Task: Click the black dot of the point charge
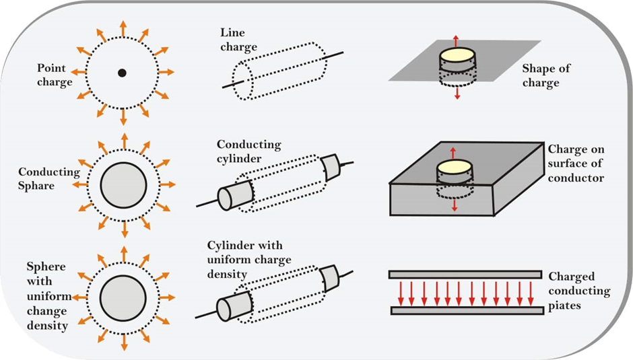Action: [122, 72]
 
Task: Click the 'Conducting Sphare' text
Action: [48, 178]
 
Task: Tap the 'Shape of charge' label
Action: [541, 76]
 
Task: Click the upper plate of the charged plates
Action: [465, 275]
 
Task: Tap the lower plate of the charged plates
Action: [465, 311]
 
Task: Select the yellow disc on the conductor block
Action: [457, 167]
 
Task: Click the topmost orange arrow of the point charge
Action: [123, 27]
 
